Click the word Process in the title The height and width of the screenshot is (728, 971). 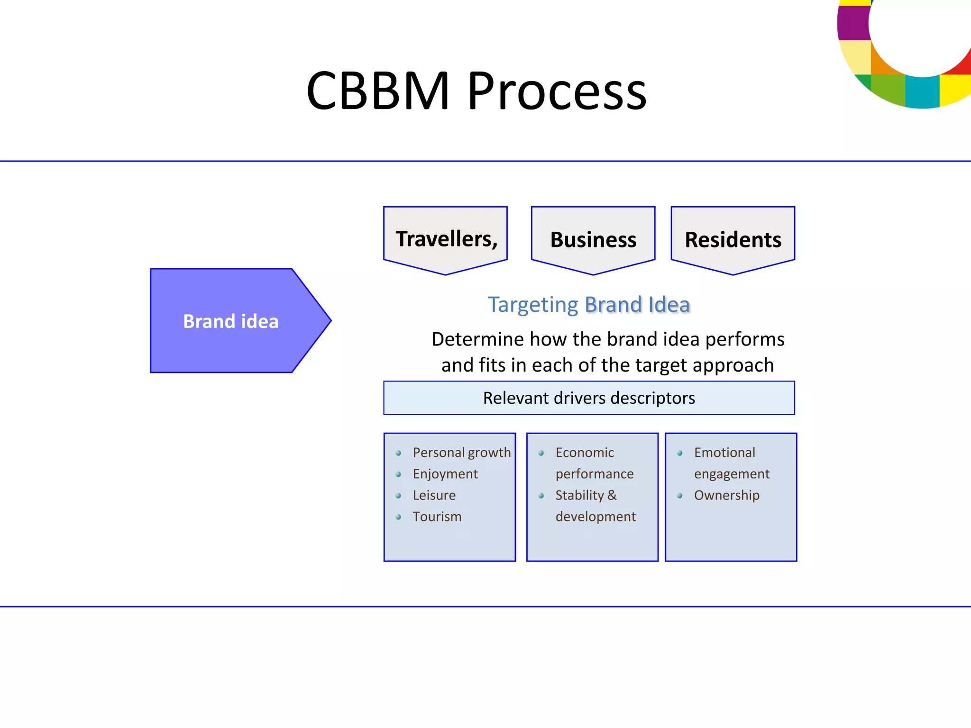(557, 91)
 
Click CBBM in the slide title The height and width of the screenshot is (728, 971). (378, 91)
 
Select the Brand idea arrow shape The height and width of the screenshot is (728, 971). (231, 321)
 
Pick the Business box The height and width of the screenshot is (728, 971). (593, 239)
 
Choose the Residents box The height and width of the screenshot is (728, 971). (733, 239)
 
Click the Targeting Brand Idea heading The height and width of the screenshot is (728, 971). (589, 304)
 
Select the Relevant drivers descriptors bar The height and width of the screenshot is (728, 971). (589, 398)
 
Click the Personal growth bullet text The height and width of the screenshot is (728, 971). (461, 453)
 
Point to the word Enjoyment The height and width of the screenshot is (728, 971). (445, 474)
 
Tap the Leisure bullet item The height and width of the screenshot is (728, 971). (434, 495)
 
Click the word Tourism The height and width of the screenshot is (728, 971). (437, 517)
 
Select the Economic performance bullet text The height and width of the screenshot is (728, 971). (594, 463)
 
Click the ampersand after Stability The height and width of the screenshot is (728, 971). (612, 495)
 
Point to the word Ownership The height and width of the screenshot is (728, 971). (726, 495)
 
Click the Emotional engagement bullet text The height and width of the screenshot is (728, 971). (731, 463)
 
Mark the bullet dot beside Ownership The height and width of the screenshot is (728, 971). (679, 496)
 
